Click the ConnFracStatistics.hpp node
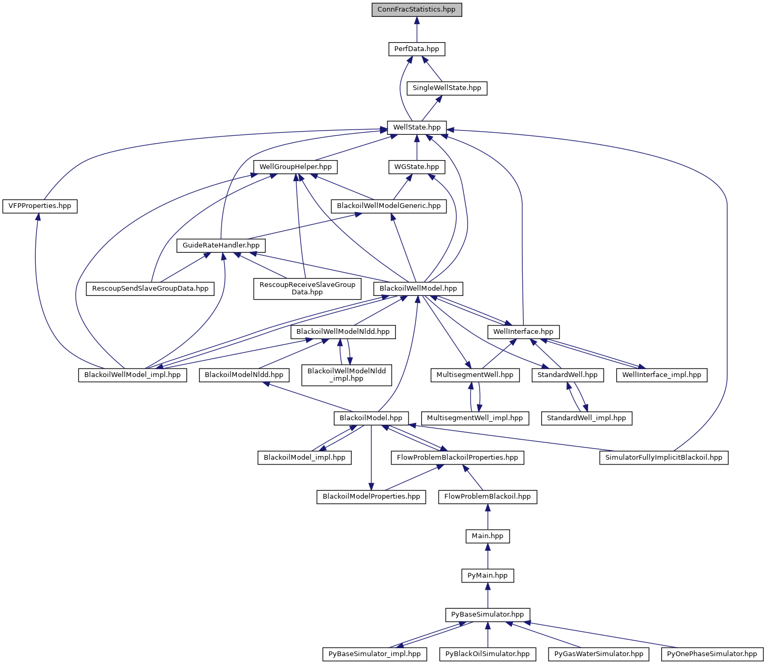click(416, 9)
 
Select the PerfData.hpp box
click(416, 49)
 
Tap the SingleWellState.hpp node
click(446, 88)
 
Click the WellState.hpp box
click(416, 127)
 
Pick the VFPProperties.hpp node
click(40, 206)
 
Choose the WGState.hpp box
click(416, 167)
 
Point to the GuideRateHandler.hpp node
click(221, 245)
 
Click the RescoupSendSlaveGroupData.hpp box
click(150, 289)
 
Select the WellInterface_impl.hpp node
click(662, 375)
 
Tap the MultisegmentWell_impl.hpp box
click(475, 418)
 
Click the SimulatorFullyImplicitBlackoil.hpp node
click(663, 458)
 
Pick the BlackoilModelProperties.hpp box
click(371, 497)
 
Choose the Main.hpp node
click(488, 536)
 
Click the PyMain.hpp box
click(488, 576)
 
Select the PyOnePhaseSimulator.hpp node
click(712, 654)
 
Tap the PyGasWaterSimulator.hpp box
click(598, 654)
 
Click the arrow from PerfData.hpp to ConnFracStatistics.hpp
click(416, 29)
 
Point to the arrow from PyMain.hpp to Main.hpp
click(488, 556)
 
